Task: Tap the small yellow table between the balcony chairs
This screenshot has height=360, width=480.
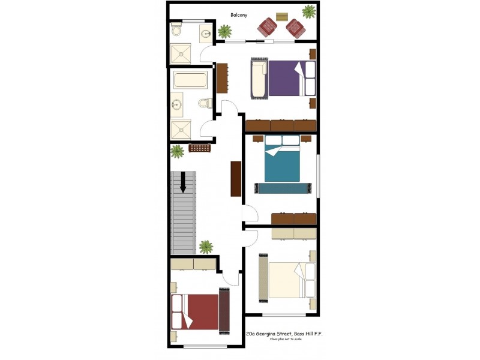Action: (x=281, y=16)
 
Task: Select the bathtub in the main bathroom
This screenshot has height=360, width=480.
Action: (x=190, y=80)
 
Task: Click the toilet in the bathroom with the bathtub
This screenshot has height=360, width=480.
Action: (x=205, y=103)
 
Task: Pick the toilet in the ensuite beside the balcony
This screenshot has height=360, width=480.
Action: (x=176, y=29)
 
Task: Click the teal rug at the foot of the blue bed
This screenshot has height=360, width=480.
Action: (x=282, y=188)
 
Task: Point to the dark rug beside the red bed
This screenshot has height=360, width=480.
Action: (x=224, y=311)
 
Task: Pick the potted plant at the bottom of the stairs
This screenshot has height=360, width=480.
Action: (x=206, y=246)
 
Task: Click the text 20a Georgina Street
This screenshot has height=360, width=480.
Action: (x=268, y=333)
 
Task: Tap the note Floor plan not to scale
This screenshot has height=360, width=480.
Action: (x=286, y=340)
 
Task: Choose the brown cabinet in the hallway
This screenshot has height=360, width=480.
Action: (x=236, y=178)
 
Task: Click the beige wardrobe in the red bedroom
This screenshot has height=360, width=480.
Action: (x=193, y=264)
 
